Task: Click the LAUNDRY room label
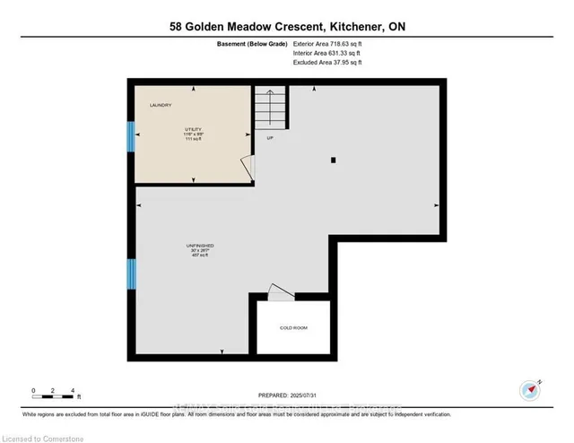(x=161, y=107)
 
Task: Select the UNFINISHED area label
(x=200, y=245)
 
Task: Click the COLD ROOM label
(x=293, y=328)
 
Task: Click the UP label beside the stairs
(x=269, y=137)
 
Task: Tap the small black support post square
(x=333, y=161)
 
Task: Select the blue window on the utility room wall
(x=131, y=137)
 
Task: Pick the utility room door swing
(x=247, y=168)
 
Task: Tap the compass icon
(x=529, y=389)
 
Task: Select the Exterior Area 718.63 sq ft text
(x=330, y=43)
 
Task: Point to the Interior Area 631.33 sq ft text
(x=328, y=54)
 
